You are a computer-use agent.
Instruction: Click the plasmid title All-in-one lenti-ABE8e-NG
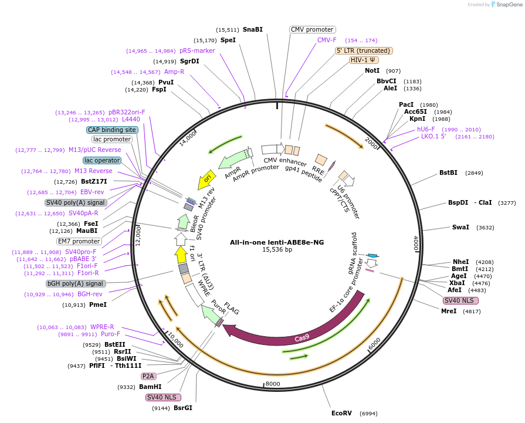276,242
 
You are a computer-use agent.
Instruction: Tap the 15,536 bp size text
276,249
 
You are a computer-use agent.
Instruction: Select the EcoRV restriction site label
341,413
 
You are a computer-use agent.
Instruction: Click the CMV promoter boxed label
312,29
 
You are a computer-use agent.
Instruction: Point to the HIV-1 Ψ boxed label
364,60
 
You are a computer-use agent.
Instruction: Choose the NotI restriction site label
372,70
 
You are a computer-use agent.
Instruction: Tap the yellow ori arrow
206,180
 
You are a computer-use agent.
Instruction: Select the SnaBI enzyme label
253,29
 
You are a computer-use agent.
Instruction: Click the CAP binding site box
112,130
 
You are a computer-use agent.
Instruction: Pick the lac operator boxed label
102,160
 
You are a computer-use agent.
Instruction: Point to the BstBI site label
448,173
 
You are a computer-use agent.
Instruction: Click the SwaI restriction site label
460,227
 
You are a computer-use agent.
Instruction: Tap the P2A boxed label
148,376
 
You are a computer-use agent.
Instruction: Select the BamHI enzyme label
150,387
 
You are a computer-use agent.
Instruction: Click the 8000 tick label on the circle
273,384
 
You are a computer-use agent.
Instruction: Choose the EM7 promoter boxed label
79,241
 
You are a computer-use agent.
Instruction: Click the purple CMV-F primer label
327,40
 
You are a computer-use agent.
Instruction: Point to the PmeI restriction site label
98,304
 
